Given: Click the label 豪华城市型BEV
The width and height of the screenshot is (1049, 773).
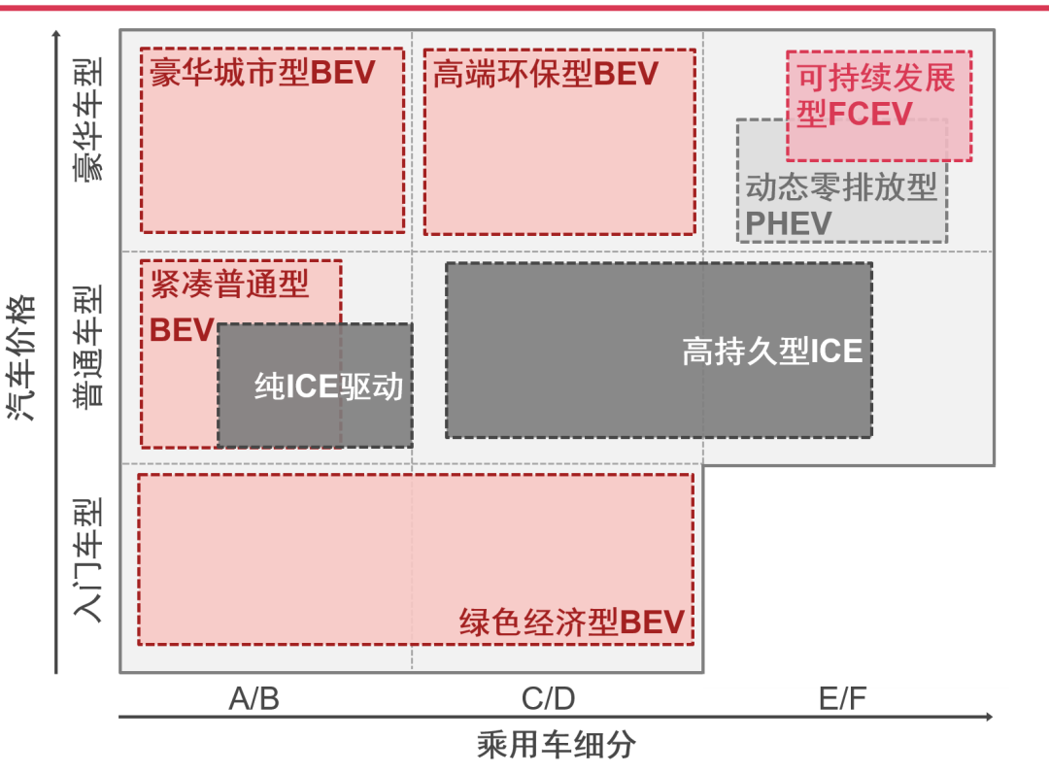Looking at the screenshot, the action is pos(262,74).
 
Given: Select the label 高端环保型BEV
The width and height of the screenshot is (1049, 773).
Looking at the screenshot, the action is pos(545,74).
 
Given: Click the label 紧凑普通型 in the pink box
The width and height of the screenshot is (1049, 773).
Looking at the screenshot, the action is pos(229,284).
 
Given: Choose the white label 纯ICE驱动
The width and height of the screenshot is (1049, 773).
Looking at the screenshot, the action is pos(328,387).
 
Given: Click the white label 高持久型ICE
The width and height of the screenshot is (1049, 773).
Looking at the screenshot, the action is pos(772,351).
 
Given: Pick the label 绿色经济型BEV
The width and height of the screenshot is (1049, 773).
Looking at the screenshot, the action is pos(572,622).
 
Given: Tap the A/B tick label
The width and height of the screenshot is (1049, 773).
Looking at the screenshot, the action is pos(254,698).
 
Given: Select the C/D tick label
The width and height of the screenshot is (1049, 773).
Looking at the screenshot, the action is pos(548,698).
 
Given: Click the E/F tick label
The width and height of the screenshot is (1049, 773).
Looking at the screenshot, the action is pos(842,698).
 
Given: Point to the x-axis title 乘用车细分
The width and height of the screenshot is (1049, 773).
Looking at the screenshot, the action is pos(557,745).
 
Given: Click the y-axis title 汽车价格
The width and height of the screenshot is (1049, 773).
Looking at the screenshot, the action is pos(21,357).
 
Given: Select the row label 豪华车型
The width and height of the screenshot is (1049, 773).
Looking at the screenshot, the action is pos(88,120).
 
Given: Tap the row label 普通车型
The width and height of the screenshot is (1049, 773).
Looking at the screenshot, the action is pos(88,346).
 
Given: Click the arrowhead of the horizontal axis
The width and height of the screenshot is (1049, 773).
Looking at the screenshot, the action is pos(988,717).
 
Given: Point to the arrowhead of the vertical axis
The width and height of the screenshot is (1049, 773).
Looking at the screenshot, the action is pos(57,35).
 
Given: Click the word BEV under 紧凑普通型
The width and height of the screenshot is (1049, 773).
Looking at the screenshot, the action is pos(182,330).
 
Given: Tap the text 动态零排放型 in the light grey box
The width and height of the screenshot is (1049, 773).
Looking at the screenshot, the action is pos(841,186).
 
